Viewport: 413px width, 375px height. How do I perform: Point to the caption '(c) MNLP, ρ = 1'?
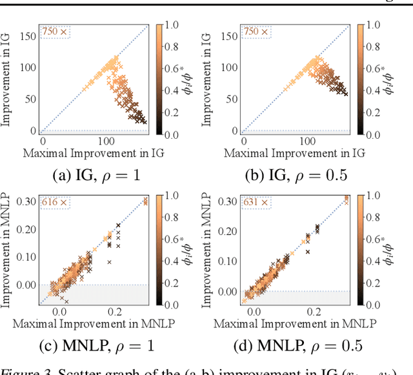96,345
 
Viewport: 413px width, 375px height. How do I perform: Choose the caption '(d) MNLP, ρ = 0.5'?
296,345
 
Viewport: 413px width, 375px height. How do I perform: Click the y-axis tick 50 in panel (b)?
228,99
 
